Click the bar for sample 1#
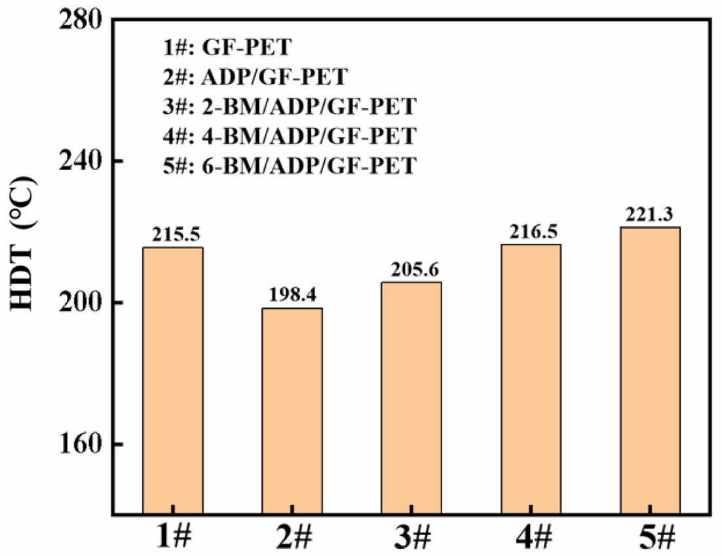(x=173, y=380)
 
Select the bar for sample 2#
(x=292, y=410)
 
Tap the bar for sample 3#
(x=411, y=397)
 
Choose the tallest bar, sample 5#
(x=650, y=370)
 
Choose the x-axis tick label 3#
(x=411, y=536)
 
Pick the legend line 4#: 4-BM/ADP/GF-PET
(x=288, y=136)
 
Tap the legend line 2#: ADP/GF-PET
(x=252, y=77)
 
